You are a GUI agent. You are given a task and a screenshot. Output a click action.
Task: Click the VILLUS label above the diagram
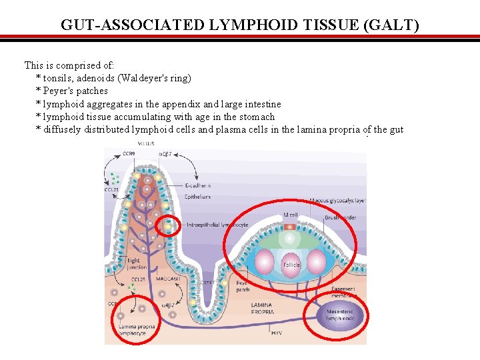(x=146, y=143)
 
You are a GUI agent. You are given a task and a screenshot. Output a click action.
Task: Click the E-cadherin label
(x=199, y=185)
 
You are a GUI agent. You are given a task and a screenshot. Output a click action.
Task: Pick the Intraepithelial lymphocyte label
(x=217, y=225)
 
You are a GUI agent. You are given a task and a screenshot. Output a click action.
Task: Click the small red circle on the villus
(x=167, y=227)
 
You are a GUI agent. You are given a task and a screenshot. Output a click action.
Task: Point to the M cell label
(x=290, y=215)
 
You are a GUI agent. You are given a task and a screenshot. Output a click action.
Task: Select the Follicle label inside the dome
(x=291, y=265)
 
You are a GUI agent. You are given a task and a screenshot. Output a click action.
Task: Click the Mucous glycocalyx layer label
(x=337, y=200)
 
